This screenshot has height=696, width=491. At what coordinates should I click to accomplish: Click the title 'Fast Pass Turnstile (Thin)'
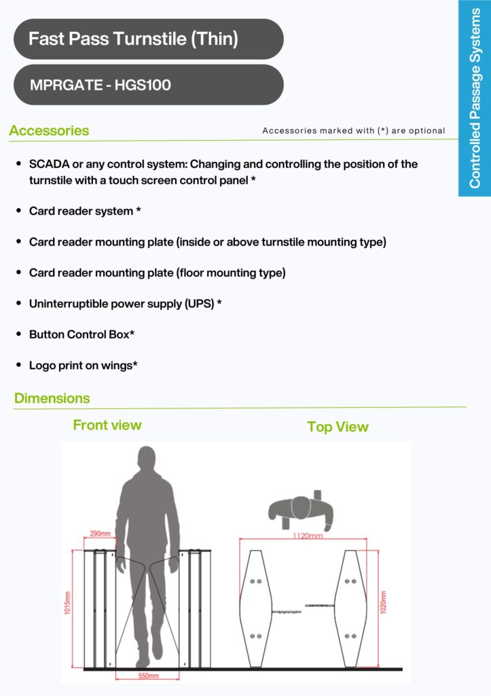pyautogui.click(x=133, y=39)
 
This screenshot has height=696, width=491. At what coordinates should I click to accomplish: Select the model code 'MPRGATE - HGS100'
pyautogui.click(x=100, y=86)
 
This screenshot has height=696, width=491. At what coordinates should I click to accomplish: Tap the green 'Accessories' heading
pyautogui.click(x=49, y=130)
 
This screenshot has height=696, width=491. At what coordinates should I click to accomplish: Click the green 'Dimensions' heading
pyautogui.click(x=52, y=398)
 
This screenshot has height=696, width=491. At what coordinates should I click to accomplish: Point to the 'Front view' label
pyautogui.click(x=107, y=425)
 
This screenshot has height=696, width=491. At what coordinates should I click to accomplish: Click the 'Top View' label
pyautogui.click(x=338, y=427)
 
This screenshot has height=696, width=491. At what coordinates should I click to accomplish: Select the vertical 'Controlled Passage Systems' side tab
pyautogui.click(x=475, y=99)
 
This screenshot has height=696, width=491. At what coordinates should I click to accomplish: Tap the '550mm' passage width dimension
pyautogui.click(x=148, y=676)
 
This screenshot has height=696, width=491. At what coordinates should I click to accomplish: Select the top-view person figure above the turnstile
pyautogui.click(x=301, y=510)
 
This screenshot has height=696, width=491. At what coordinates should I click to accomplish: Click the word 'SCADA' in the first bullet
pyautogui.click(x=48, y=164)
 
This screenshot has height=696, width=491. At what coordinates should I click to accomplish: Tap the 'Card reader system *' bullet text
pyautogui.click(x=85, y=211)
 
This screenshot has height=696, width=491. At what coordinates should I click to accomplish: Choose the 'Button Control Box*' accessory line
pyautogui.click(x=81, y=334)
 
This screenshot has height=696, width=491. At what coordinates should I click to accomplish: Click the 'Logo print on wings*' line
pyautogui.click(x=84, y=365)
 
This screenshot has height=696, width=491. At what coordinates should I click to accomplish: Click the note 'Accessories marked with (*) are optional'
pyautogui.click(x=353, y=130)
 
